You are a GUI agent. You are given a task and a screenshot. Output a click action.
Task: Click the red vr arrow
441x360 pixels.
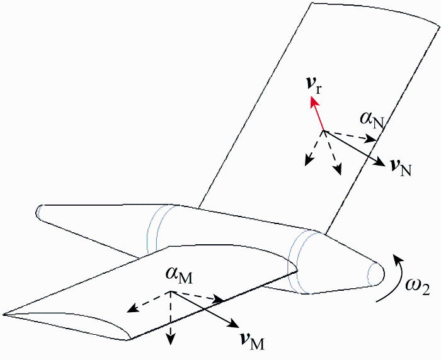(x=317, y=116)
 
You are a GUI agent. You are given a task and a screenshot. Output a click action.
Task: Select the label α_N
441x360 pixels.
(x=370, y=119)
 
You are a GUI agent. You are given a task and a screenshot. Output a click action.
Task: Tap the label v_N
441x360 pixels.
(x=401, y=167)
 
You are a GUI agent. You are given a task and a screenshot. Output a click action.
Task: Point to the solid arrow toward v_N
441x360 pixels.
(x=353, y=149)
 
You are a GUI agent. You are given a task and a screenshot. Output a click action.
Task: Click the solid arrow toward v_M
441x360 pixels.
(x=204, y=309)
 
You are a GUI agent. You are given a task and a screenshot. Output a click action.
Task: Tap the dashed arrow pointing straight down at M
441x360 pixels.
(x=170, y=318)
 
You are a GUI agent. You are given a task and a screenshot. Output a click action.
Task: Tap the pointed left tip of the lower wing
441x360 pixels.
(x=6, y=313)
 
